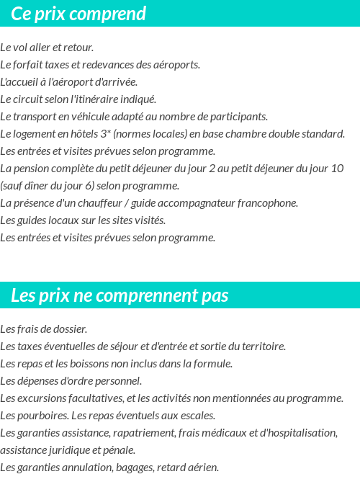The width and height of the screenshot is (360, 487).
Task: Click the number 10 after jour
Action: click(337, 169)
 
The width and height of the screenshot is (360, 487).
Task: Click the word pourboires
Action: click(39, 416)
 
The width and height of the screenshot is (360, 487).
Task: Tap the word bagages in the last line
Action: click(141, 468)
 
